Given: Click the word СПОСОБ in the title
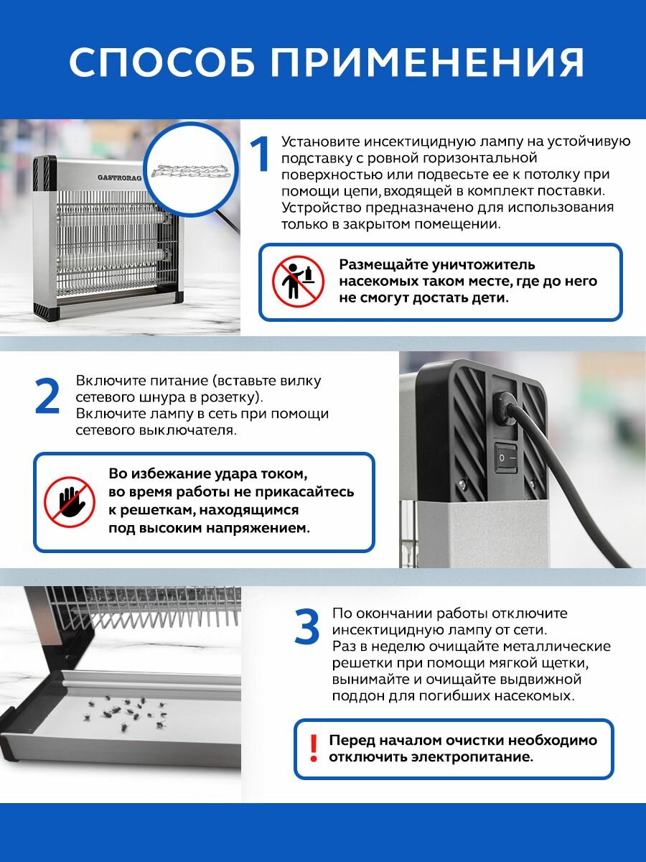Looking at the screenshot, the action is (161, 62).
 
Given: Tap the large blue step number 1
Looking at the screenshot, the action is (259, 154).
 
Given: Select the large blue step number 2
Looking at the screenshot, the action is (47, 396).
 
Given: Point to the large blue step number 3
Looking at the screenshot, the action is (307, 626).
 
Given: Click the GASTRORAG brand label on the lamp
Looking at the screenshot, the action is (120, 178).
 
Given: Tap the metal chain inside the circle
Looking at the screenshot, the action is (190, 172).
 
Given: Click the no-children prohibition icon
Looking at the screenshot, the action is (299, 281).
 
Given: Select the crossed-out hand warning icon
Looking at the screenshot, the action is (70, 502).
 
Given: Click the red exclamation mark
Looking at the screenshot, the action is (314, 748).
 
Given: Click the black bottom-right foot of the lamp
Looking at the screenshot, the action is (175, 297).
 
